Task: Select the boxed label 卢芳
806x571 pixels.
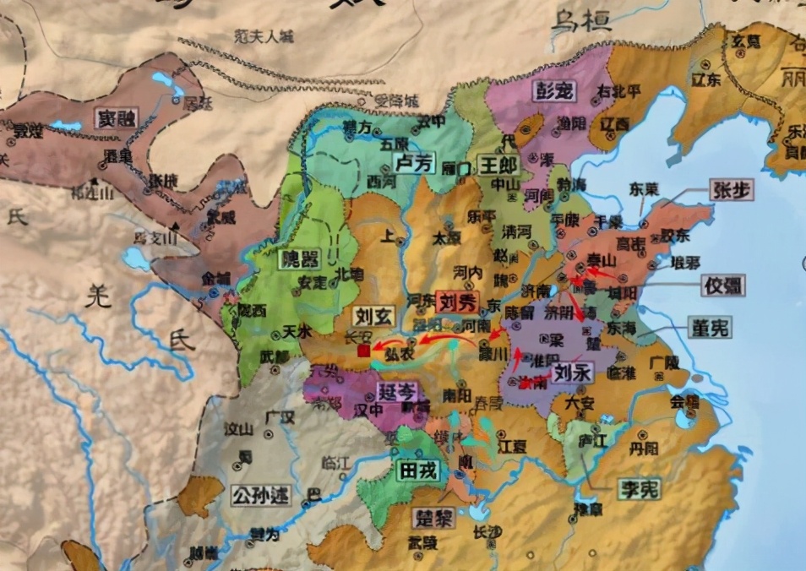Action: [415, 163]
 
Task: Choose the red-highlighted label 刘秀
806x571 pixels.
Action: [458, 302]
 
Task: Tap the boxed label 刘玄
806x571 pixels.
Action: [373, 317]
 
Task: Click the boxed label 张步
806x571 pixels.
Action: [732, 192]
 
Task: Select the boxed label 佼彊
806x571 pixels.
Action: [723, 285]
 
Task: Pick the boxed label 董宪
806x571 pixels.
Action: [709, 328]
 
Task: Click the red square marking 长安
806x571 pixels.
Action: [364, 350]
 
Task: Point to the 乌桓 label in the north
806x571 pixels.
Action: [581, 23]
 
